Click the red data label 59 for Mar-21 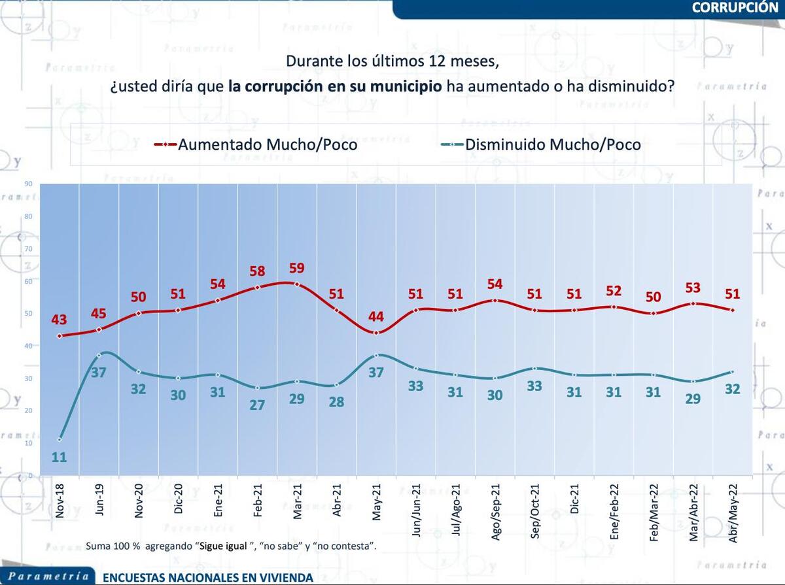point(297,268)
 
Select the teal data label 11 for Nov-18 point(60,457)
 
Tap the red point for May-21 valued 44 point(376,333)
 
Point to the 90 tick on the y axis point(28,184)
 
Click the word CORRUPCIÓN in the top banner point(734,8)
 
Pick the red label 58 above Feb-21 point(258,271)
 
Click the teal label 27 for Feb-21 point(258,405)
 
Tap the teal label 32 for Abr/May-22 point(733,389)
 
